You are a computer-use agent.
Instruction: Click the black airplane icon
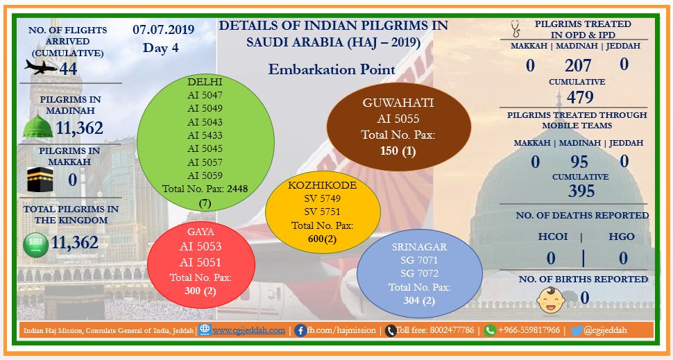41,67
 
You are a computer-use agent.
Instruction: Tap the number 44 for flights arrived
68,68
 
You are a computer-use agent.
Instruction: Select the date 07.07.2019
164,30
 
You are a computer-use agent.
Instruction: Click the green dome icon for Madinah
37,126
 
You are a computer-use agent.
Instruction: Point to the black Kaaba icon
40,180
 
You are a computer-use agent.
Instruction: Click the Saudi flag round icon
35,245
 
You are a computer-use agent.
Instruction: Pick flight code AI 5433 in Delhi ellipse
205,135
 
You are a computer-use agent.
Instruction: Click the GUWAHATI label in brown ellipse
398,103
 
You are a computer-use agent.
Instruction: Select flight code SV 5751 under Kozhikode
323,212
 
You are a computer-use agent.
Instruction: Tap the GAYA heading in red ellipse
201,232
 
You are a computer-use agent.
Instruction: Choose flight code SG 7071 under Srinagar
419,260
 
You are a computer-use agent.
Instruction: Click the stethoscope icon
516,28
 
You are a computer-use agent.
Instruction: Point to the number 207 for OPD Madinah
578,66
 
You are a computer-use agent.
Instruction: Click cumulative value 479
580,97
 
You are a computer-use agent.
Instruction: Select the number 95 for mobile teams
579,162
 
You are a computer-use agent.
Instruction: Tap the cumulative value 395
581,191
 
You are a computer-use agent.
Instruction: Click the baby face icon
551,300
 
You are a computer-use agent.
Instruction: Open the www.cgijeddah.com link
248,330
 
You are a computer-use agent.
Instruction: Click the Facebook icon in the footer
300,330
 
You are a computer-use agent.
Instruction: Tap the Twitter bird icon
576,330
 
